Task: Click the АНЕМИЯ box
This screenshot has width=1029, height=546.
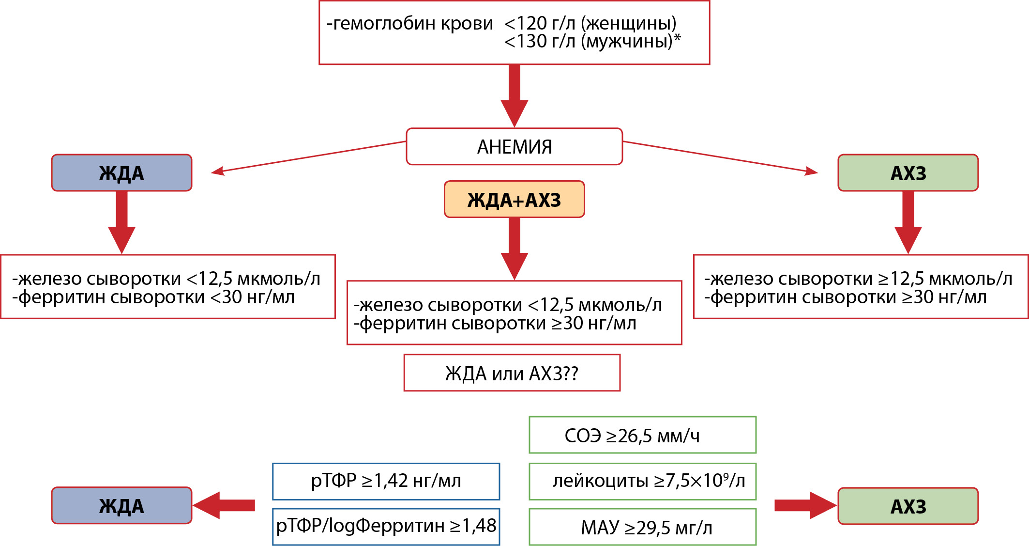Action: click(x=514, y=146)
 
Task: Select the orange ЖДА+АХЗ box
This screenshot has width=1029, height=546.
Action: click(x=514, y=199)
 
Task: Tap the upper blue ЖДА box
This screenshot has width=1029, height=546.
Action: click(x=121, y=172)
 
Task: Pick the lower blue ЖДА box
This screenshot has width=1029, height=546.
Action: click(x=121, y=505)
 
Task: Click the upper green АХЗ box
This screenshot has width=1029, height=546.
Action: click(x=908, y=172)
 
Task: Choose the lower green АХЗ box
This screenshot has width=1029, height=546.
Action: click(x=908, y=506)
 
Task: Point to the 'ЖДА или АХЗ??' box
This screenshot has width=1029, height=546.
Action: click(x=512, y=373)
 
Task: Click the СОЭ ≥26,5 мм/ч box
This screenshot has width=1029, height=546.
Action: click(x=642, y=435)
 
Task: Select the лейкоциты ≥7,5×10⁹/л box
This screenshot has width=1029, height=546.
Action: click(x=642, y=481)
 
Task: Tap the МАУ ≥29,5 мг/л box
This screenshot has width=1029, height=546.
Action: click(x=642, y=527)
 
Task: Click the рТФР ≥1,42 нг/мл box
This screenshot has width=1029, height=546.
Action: click(x=386, y=481)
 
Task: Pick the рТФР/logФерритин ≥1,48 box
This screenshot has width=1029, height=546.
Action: click(x=386, y=527)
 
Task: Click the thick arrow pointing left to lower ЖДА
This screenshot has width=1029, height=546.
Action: click(x=224, y=505)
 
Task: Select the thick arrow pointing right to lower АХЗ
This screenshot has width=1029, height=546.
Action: click(x=805, y=505)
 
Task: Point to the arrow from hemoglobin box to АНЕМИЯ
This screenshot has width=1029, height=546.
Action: click(x=514, y=96)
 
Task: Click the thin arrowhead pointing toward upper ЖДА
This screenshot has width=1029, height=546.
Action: click(x=218, y=171)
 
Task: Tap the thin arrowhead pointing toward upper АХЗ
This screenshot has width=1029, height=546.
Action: click(x=811, y=171)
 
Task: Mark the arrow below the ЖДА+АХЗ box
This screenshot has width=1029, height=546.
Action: click(x=514, y=249)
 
